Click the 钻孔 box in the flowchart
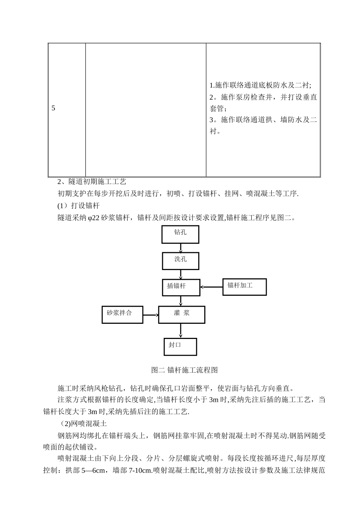click(180, 234)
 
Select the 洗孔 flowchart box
click(180, 261)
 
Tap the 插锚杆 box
click(181, 287)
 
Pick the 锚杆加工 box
click(244, 287)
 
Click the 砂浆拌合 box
click(122, 314)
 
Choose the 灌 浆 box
click(182, 314)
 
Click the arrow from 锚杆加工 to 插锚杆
click(211, 287)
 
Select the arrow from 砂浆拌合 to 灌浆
click(150, 315)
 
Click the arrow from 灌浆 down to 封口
click(181, 331)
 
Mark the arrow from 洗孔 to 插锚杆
click(181, 275)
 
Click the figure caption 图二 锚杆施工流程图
click(184, 370)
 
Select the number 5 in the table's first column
click(53, 108)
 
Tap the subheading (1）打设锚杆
click(78, 206)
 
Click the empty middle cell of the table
click(146, 109)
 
